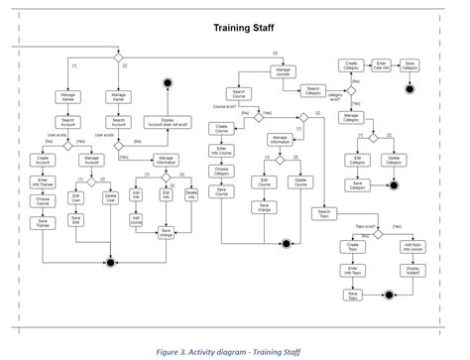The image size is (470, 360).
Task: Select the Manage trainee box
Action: coord(69,98)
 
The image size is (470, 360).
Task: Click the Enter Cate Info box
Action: coord(384,65)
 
